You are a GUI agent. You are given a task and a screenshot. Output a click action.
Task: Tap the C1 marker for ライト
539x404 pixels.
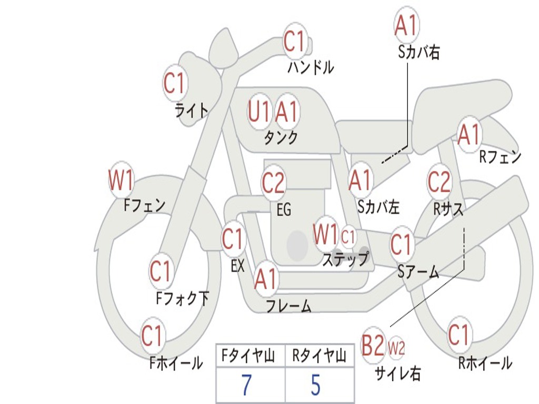point(175,83)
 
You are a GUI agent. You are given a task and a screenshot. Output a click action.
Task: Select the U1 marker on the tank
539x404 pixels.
point(259,112)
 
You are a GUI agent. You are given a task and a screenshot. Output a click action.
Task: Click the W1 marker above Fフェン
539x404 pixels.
point(121,180)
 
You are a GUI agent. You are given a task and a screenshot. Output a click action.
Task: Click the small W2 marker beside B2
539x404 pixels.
point(396,347)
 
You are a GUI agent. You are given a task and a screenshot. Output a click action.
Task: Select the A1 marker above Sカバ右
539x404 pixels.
point(406,25)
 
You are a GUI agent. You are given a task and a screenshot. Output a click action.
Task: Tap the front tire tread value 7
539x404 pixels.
point(246,385)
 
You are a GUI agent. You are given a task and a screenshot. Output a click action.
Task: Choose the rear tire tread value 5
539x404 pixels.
point(315,385)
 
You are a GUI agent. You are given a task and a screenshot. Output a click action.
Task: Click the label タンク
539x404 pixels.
point(281,138)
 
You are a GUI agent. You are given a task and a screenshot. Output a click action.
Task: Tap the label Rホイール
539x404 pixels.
point(485,363)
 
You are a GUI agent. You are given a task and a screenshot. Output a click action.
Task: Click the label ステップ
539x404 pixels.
point(345,259)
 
